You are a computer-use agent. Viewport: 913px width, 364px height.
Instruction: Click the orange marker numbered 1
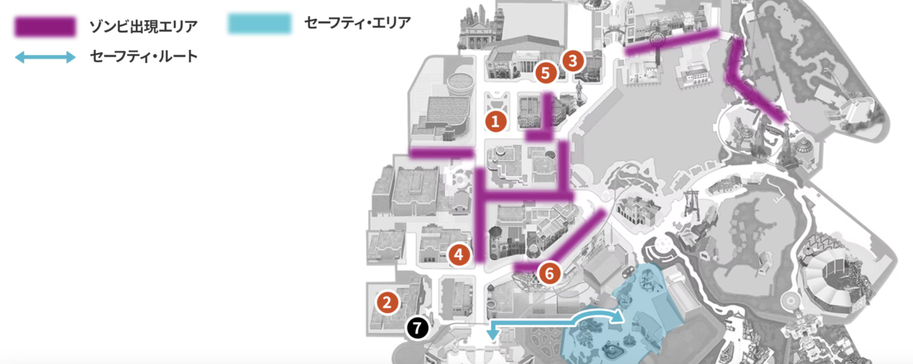[495, 121]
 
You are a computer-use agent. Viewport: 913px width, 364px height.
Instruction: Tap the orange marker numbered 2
[387, 303]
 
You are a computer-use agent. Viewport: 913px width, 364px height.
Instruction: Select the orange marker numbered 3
[572, 61]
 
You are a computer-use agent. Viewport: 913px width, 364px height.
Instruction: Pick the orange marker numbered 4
[458, 255]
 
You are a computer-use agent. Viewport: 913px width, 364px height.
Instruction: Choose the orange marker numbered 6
[549, 273]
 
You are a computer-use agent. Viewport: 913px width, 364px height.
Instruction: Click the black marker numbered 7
[417, 327]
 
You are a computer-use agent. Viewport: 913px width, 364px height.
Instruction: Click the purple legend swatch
[45, 26]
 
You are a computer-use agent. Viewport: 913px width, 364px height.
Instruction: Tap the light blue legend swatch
[260, 23]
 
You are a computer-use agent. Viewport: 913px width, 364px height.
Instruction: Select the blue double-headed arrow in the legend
[45, 58]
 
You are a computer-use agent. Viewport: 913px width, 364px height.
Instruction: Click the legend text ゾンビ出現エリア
[143, 26]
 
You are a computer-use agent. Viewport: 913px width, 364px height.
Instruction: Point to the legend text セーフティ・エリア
[357, 23]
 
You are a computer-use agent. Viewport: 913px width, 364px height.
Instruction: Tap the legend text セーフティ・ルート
[143, 57]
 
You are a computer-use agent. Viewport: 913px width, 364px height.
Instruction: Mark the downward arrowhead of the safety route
[492, 336]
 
